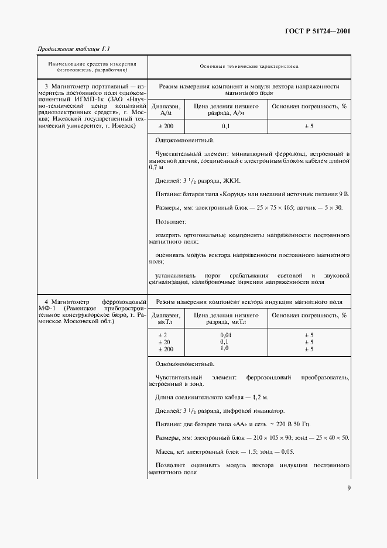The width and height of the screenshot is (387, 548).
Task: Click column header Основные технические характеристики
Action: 249,67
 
